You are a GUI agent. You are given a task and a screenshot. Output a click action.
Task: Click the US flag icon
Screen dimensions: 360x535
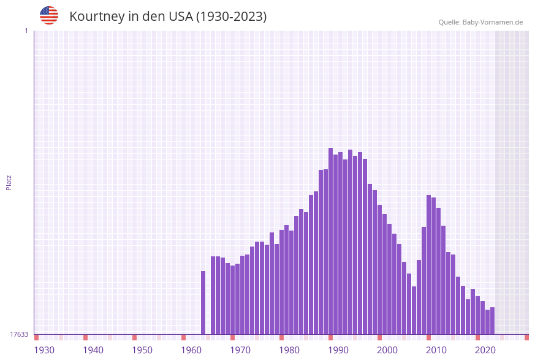pos(49,15)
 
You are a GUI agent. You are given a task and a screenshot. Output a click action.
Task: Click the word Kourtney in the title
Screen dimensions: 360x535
pos(97,17)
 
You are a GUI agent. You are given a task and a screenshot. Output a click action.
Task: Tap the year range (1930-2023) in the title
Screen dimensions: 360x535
pos(231,17)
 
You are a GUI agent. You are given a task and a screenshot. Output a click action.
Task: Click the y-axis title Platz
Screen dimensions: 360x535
pos(9,182)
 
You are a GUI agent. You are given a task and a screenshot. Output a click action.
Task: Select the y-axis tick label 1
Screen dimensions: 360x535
pos(26,31)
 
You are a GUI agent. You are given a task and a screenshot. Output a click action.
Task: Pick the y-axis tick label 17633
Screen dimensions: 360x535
pos(19,334)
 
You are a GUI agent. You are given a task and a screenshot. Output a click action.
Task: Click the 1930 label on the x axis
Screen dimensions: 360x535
pos(44,350)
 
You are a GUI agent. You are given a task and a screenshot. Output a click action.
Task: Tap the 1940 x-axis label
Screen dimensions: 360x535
pos(93,350)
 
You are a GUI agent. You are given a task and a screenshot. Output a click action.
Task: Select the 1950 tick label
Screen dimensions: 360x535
pos(142,350)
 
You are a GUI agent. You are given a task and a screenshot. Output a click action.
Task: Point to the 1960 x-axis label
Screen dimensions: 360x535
pos(191,350)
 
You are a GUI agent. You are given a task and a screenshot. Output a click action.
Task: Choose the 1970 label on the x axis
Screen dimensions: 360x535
pos(240,350)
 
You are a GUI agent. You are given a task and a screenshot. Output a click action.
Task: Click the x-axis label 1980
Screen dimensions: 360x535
pos(289,350)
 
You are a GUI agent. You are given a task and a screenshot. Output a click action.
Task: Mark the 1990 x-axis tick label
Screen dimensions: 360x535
pos(338,350)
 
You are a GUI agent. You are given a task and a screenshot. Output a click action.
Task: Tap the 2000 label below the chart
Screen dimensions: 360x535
pos(387,350)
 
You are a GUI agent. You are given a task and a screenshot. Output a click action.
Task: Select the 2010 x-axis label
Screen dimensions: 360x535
pos(436,350)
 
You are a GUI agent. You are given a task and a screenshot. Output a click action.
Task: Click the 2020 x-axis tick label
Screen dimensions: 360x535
pos(485,350)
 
